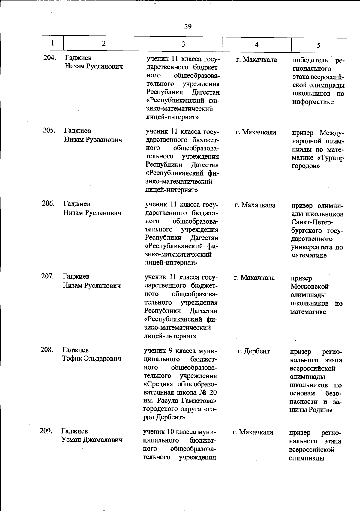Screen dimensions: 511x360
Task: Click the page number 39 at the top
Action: click(188, 27)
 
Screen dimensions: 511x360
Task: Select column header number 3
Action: click(183, 44)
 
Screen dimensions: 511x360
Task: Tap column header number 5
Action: click(319, 45)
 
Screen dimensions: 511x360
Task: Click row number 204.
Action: click(49, 58)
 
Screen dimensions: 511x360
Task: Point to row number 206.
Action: click(48, 203)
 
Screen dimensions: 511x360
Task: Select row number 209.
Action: click(46, 431)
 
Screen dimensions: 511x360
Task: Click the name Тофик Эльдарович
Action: click(91, 358)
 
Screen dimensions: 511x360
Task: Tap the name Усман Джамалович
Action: click(92, 440)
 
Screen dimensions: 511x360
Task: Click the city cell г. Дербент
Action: click(253, 351)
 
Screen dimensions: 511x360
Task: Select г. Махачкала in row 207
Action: click(254, 278)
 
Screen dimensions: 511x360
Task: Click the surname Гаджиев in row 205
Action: click(77, 131)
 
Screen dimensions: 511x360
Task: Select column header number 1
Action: click(52, 43)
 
